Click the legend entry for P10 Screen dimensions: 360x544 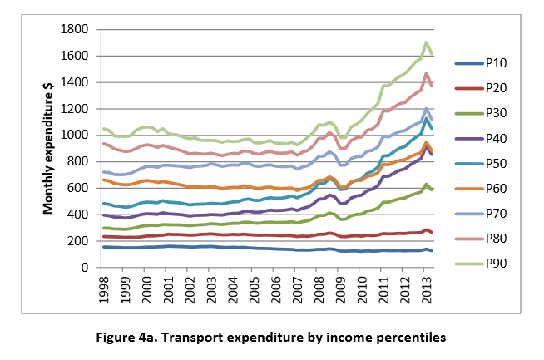pyautogui.click(x=497, y=62)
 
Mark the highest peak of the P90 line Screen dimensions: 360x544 pyautogui.click(x=427, y=42)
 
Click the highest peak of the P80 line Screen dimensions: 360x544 pyautogui.click(x=427, y=73)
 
